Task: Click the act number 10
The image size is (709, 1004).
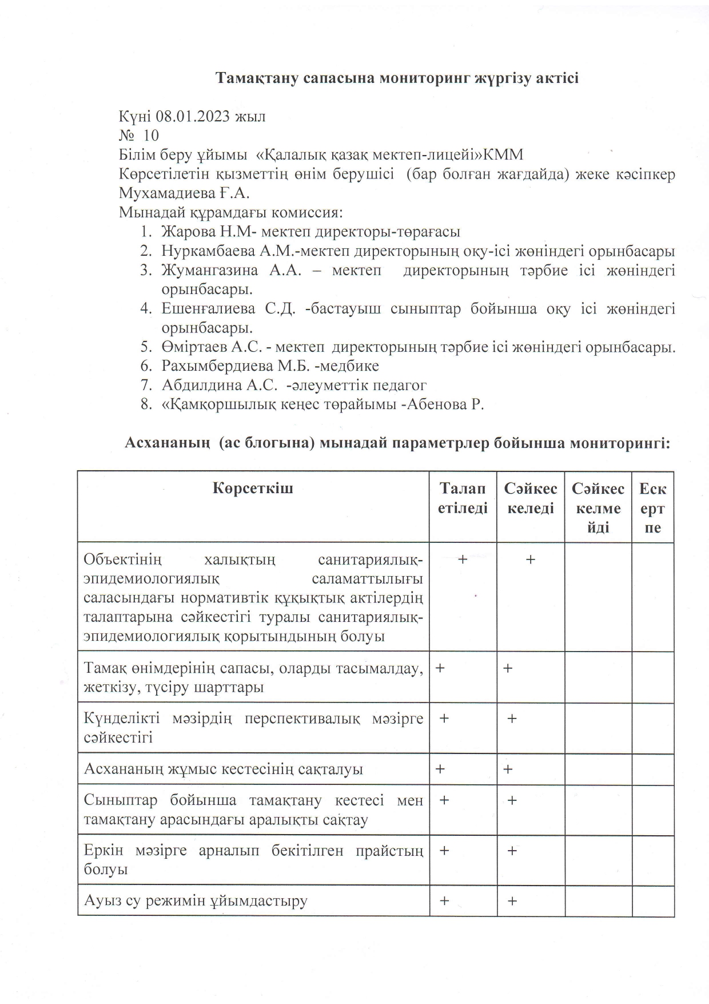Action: [x=151, y=136]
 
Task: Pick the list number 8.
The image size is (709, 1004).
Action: [x=145, y=404]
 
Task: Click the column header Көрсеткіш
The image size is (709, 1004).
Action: [x=253, y=489]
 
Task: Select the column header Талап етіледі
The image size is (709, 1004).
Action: [x=463, y=498]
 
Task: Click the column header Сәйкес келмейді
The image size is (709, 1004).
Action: [x=598, y=507]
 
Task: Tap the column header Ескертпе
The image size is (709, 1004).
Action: [x=652, y=507]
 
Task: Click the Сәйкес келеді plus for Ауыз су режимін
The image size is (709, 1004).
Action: [x=512, y=902]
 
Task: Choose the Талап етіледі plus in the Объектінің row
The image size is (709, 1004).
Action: [x=463, y=559]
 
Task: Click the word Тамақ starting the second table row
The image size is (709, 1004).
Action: [x=103, y=668]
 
